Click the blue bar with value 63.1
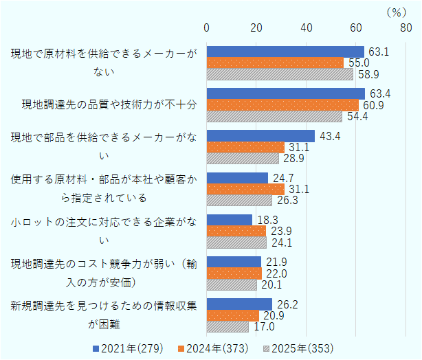pyautogui.click(x=285, y=52)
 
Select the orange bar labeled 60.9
pyautogui.click(x=282, y=105)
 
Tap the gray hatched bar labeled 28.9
pyautogui.click(x=243, y=159)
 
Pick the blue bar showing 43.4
pyautogui.click(x=260, y=136)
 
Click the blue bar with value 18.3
pyautogui.click(x=230, y=220)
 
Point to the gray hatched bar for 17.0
pyautogui.click(x=227, y=327)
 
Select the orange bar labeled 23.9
pyautogui.click(x=236, y=232)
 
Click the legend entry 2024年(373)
pyautogui.click(x=214, y=348)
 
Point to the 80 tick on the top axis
pyautogui.click(x=406, y=27)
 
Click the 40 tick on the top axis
pyautogui.click(x=307, y=27)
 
